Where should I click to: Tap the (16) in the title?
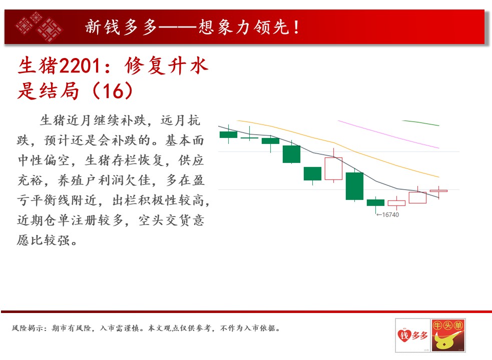(113, 91)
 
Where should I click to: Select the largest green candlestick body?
(354, 186)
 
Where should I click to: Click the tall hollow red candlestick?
(333, 168)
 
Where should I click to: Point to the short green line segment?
(420, 123)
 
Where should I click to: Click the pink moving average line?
(388, 134)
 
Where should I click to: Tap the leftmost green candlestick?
(228, 134)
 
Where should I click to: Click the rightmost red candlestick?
(438, 190)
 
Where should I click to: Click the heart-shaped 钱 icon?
(404, 335)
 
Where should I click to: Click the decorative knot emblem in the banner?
(39, 26)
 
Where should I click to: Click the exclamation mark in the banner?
(296, 27)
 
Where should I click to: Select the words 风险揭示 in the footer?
(28, 328)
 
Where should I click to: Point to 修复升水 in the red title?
(166, 66)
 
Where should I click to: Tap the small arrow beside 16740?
(379, 215)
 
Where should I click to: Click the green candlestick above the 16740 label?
(375, 202)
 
